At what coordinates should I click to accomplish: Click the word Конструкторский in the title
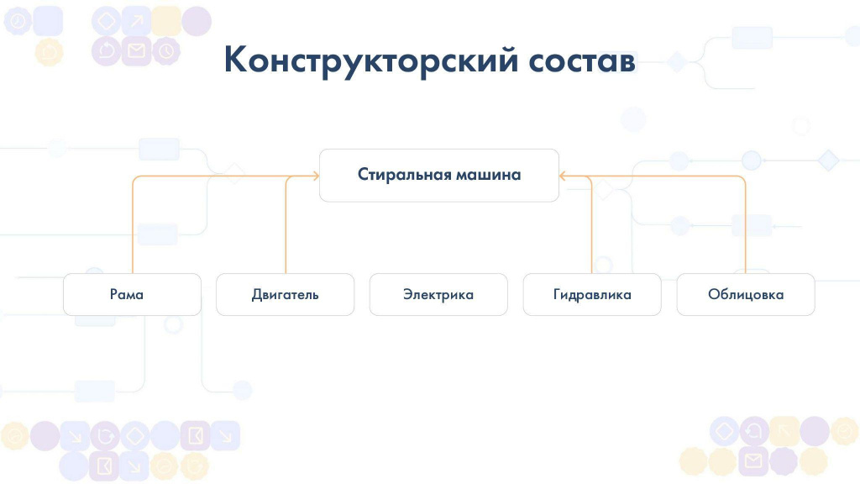click(x=370, y=60)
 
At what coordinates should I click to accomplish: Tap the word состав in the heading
click(x=583, y=60)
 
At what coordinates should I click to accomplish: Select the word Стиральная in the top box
click(x=404, y=175)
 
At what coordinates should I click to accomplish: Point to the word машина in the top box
click(x=489, y=175)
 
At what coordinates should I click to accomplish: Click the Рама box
click(x=132, y=294)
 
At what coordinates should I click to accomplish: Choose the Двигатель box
click(x=286, y=294)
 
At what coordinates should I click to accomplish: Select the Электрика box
click(x=438, y=294)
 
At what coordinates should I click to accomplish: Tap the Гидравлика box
click(x=592, y=294)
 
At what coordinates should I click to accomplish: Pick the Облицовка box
click(x=746, y=294)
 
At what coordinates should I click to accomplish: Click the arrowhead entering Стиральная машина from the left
click(x=316, y=176)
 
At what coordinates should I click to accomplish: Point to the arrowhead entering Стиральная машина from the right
click(x=562, y=176)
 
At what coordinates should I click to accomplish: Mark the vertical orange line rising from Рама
click(x=133, y=226)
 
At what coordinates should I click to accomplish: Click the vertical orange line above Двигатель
click(x=286, y=226)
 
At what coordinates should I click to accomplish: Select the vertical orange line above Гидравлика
click(x=591, y=226)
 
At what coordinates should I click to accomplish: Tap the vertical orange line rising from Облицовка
click(x=745, y=226)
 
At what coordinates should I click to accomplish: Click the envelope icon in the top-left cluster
click(x=136, y=51)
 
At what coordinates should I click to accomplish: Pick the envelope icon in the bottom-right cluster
click(x=753, y=460)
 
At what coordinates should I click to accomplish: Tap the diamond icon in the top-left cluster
click(x=106, y=21)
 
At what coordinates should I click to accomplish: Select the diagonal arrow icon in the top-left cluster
click(x=136, y=21)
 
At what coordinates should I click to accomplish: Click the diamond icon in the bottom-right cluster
click(x=724, y=431)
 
